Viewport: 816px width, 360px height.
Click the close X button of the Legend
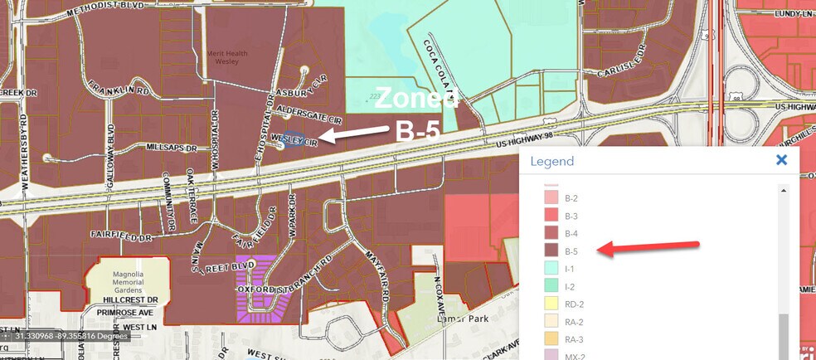pyautogui.click(x=780, y=160)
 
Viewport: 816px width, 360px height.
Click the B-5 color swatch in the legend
pyautogui.click(x=551, y=251)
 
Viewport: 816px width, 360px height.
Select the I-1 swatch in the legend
pyautogui.click(x=551, y=269)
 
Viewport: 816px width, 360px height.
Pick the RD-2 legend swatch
pyautogui.click(x=551, y=304)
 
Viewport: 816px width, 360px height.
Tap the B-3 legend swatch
pyautogui.click(x=551, y=216)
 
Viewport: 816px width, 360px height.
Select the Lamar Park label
pyautogui.click(x=461, y=318)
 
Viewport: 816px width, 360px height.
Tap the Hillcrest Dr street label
pyautogui.click(x=130, y=299)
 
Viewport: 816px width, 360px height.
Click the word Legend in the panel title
pyautogui.click(x=551, y=161)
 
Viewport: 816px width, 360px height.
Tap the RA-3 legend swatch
pyautogui.click(x=551, y=339)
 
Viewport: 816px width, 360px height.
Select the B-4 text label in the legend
pyautogui.click(x=571, y=233)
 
